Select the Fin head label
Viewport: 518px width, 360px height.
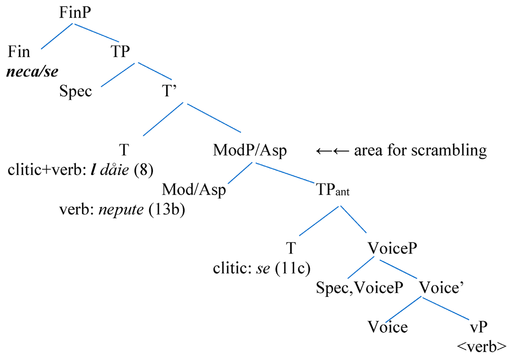click(x=20, y=52)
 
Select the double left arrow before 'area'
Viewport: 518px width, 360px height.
click(x=332, y=150)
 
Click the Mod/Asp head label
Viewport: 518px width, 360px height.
click(x=194, y=191)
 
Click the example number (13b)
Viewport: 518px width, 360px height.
click(x=167, y=210)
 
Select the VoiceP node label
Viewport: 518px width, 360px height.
click(x=393, y=248)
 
